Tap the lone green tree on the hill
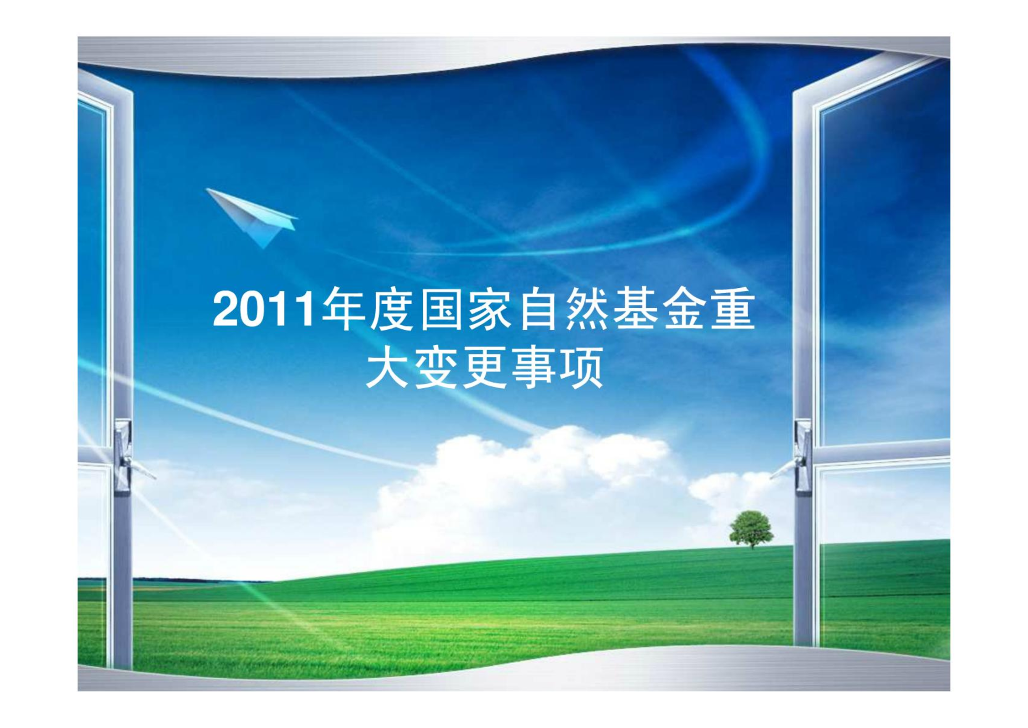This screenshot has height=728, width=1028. [x=751, y=529]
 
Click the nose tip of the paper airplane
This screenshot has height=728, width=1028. [x=206, y=189]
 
